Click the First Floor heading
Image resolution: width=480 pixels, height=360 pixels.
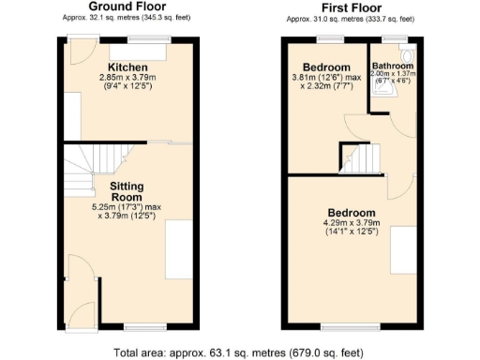[350, 7]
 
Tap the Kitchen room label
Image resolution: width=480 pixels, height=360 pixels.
[127, 68]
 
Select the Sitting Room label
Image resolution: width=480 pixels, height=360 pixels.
[127, 191]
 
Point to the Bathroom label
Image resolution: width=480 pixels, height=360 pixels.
[392, 66]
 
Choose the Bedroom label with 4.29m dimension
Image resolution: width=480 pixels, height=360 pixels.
[352, 213]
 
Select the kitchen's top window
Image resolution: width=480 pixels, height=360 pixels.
[142, 39]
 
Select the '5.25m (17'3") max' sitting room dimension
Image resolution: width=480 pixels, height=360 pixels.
[127, 207]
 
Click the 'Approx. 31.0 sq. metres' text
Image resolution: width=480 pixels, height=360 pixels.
[350, 18]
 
